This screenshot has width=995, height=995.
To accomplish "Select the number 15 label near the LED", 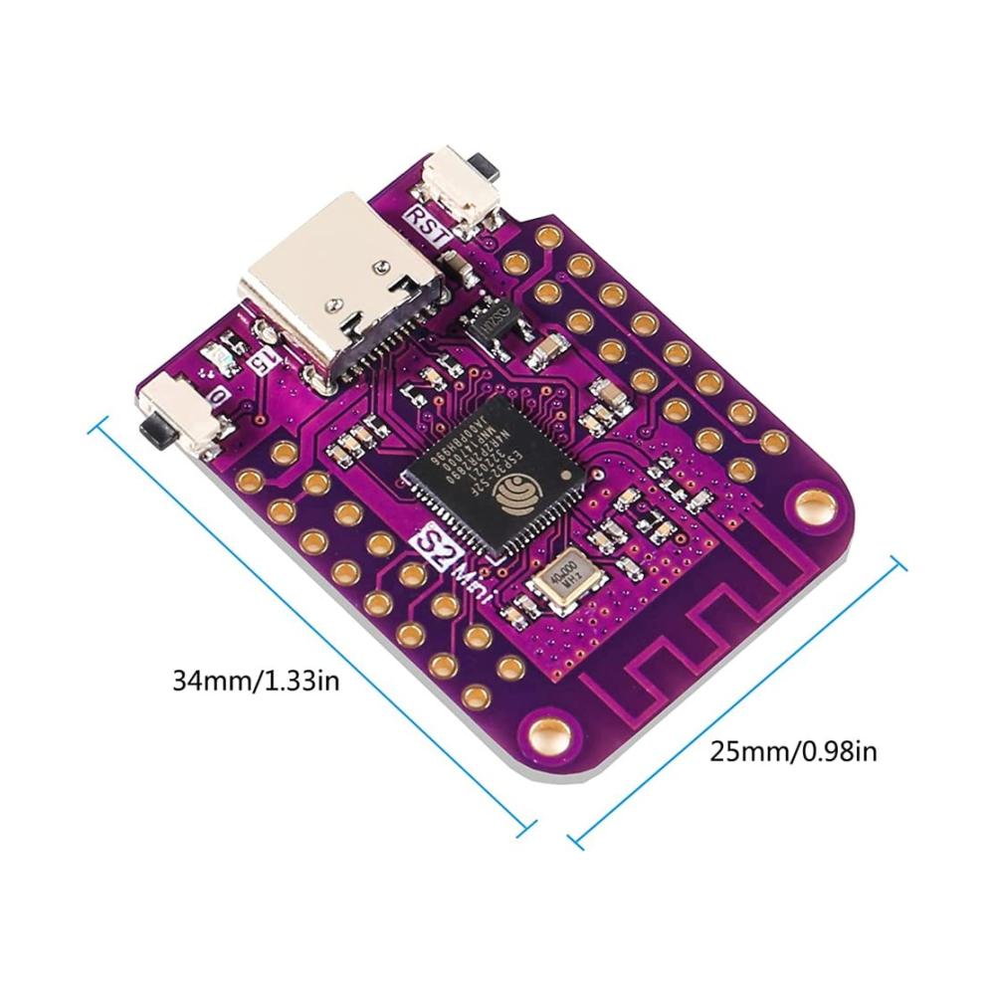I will [266, 363].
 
